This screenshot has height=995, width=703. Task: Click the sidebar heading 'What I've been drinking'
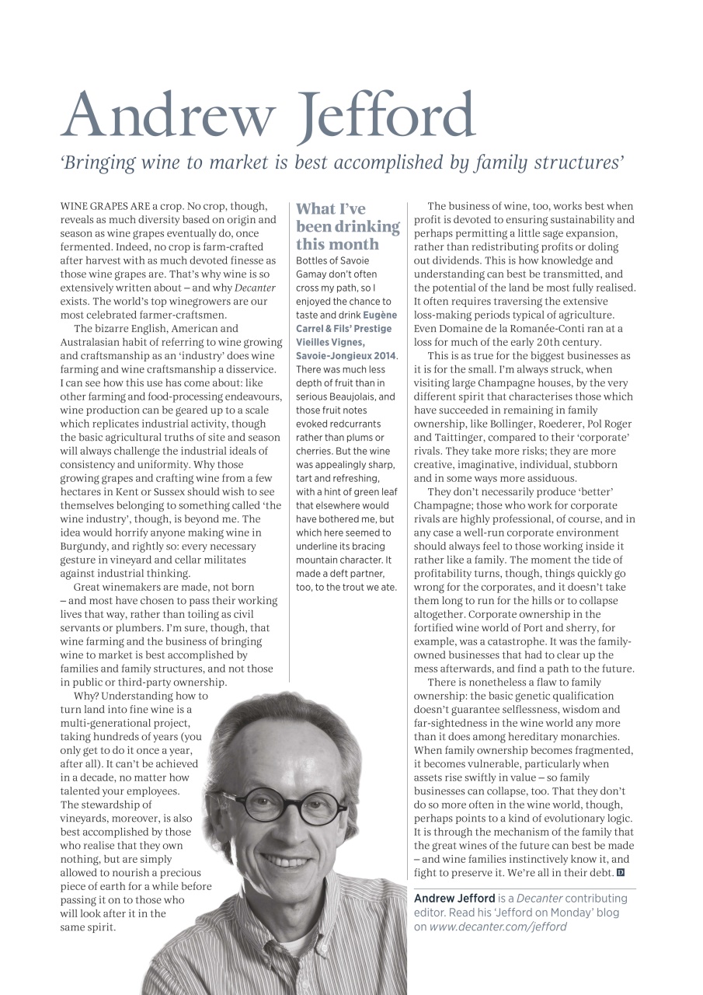pos(347,225)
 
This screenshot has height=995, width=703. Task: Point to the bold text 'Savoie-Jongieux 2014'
pos(346,355)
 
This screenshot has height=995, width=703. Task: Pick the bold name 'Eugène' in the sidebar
pos(378,314)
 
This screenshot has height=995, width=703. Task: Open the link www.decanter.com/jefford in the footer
pos(498,927)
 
